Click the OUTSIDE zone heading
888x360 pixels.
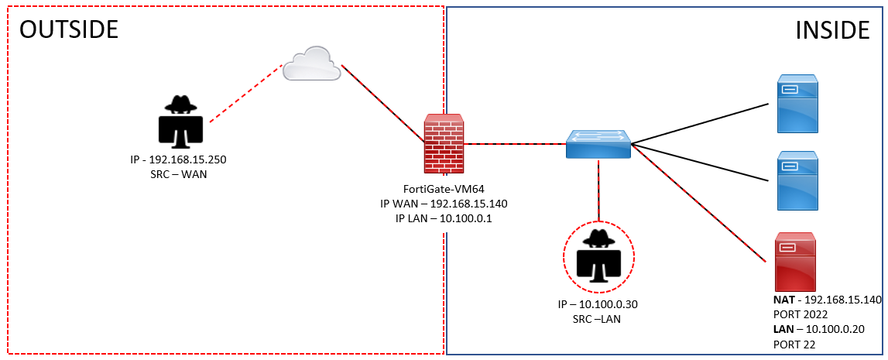pyautogui.click(x=68, y=29)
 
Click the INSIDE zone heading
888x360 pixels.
pyautogui.click(x=832, y=29)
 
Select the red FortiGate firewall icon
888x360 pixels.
pyautogui.click(x=444, y=144)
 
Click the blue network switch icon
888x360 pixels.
pyautogui.click(x=598, y=145)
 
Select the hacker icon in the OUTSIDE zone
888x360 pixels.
pyautogui.click(x=180, y=122)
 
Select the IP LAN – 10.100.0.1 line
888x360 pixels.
pyautogui.click(x=443, y=218)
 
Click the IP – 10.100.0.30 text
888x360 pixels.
pyautogui.click(x=597, y=303)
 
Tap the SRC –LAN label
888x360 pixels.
pyautogui.click(x=597, y=317)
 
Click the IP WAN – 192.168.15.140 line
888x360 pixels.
pyautogui.click(x=443, y=204)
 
